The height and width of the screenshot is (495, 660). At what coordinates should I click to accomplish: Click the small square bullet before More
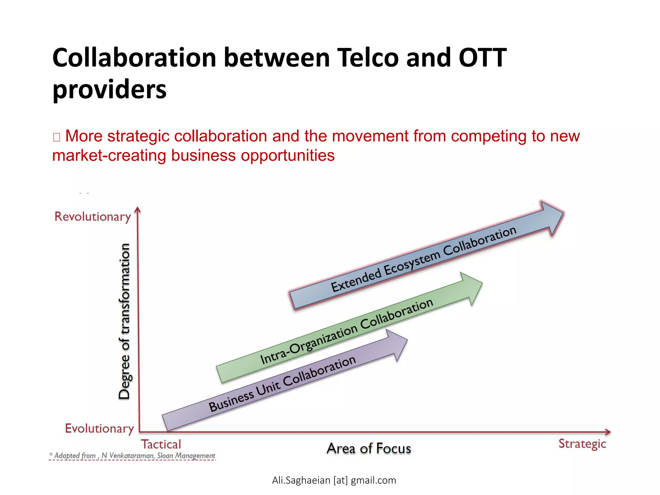57,137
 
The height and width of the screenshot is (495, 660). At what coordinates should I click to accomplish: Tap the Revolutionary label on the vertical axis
92,217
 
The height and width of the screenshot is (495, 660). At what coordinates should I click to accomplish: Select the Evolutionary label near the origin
99,429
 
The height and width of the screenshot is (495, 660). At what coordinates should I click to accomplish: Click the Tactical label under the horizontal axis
161,444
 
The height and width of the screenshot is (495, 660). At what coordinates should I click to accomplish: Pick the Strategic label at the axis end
582,444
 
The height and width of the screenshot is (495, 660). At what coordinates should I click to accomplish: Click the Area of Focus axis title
369,449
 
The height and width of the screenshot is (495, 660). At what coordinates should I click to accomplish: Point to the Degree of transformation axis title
124,321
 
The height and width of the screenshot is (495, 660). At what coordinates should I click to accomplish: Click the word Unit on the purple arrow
268,389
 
